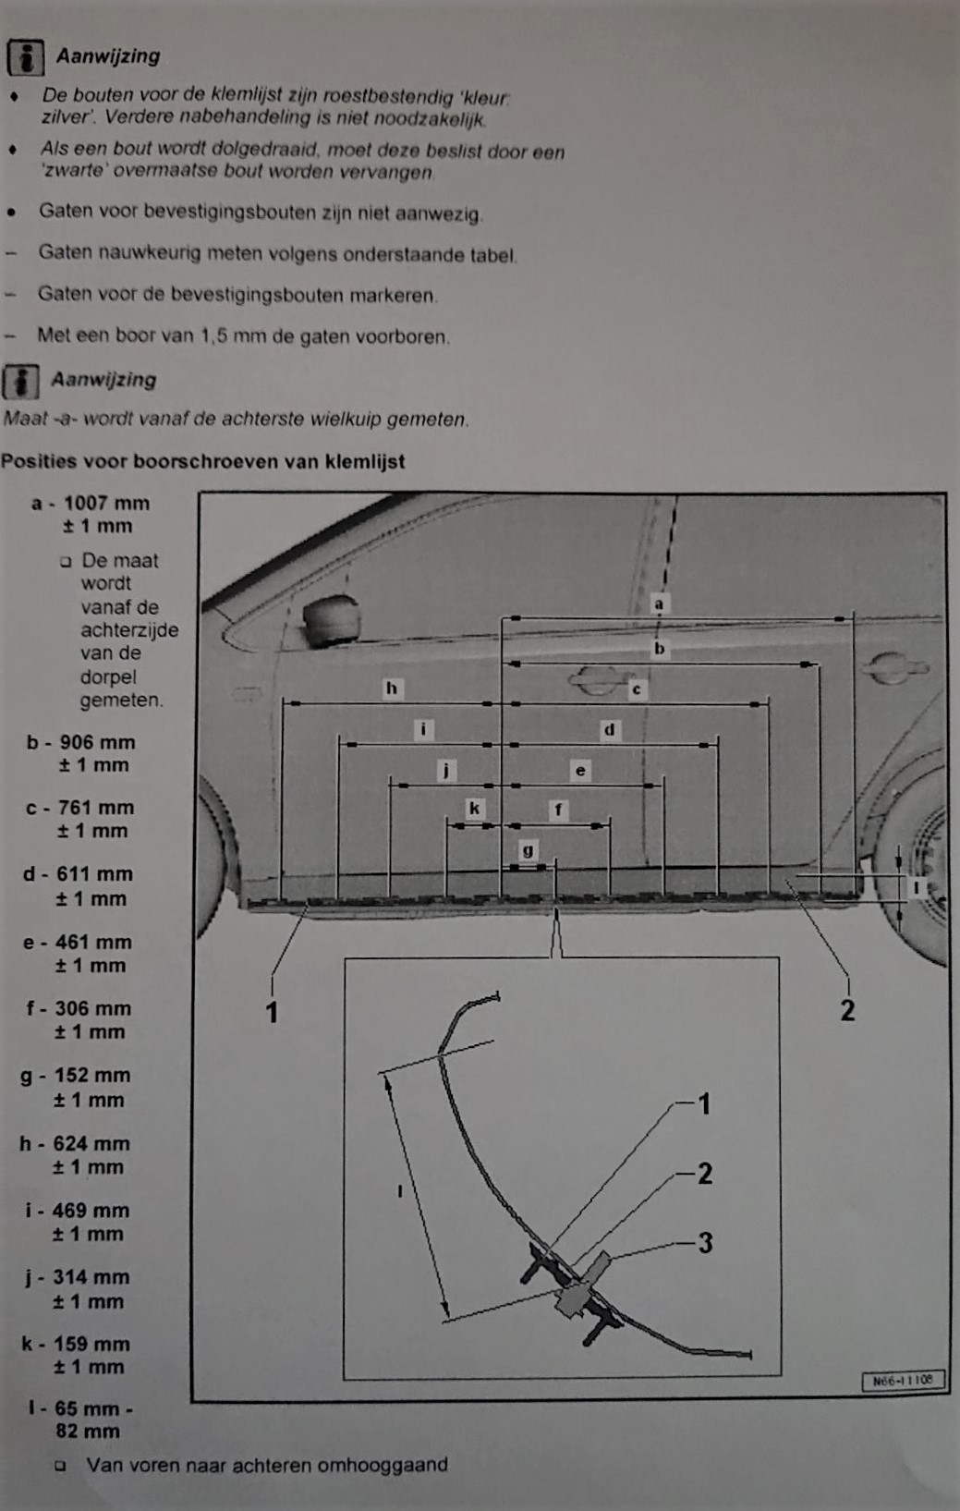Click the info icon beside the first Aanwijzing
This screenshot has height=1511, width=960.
click(x=26, y=57)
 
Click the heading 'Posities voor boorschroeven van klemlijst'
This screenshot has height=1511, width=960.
click(x=202, y=461)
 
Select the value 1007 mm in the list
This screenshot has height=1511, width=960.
click(x=106, y=504)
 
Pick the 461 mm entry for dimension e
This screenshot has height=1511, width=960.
click(x=93, y=943)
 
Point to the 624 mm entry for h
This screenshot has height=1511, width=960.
click(x=91, y=1143)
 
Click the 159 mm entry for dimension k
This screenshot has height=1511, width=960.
click(x=91, y=1344)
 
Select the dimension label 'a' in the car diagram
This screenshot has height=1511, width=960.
click(x=659, y=604)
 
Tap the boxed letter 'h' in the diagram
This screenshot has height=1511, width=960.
click(x=392, y=688)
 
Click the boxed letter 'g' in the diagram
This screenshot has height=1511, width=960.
click(x=528, y=850)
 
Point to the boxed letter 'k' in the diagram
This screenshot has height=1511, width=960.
click(x=474, y=809)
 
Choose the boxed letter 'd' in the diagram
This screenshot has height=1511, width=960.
click(x=609, y=729)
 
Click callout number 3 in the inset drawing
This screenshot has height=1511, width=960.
click(x=705, y=1242)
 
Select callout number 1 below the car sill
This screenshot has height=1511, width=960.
click(x=272, y=1012)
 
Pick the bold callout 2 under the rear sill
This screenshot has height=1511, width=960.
click(x=847, y=1010)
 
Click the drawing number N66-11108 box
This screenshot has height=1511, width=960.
click(x=903, y=1380)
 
